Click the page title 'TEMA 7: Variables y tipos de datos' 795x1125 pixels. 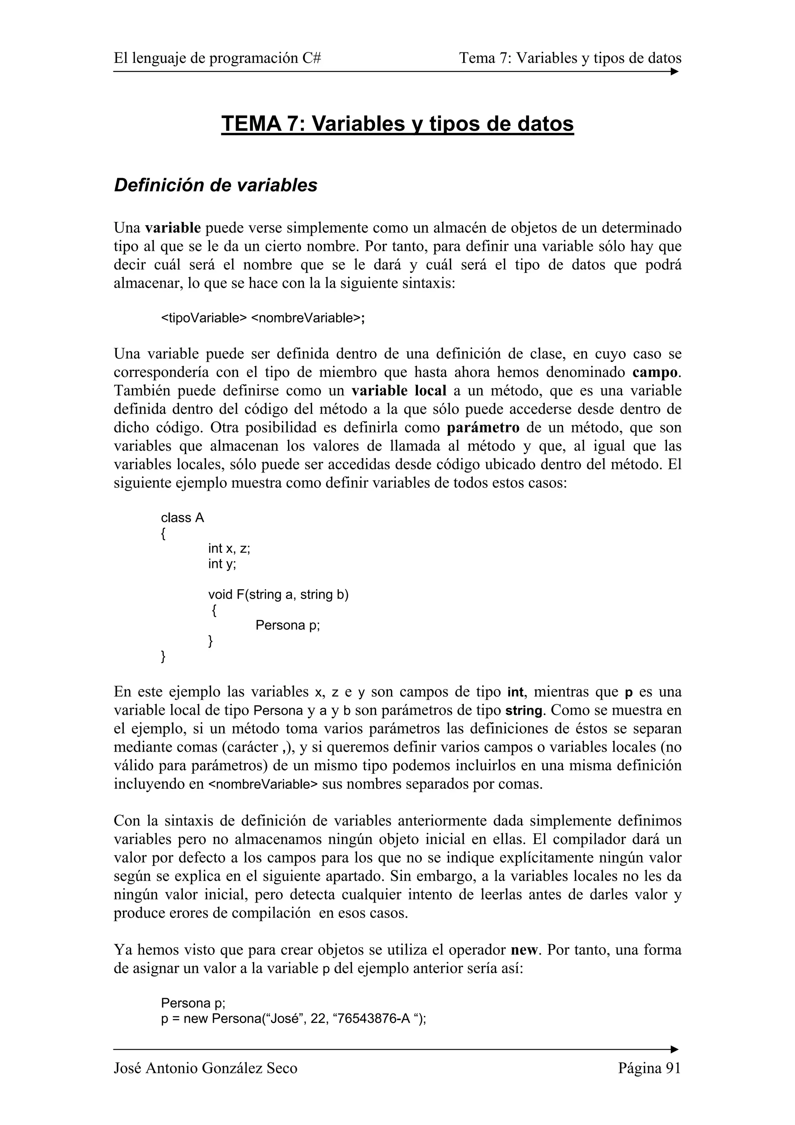coord(397,123)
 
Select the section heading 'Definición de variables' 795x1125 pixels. coord(215,185)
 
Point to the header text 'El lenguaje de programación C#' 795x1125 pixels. coord(217,58)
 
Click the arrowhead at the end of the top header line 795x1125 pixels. coord(675,71)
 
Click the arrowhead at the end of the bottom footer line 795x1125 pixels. coord(675,1049)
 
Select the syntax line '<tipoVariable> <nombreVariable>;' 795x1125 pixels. coord(263,318)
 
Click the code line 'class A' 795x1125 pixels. coord(182,517)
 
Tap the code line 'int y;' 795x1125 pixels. coord(222,564)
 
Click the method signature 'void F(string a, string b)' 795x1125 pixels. coord(278,594)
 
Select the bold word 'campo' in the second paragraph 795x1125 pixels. coord(655,372)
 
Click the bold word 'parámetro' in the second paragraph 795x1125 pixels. coord(483,428)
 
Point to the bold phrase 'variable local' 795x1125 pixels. coord(399,391)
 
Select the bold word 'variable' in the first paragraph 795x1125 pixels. coord(173,228)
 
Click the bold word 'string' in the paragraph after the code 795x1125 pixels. coord(524,710)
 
